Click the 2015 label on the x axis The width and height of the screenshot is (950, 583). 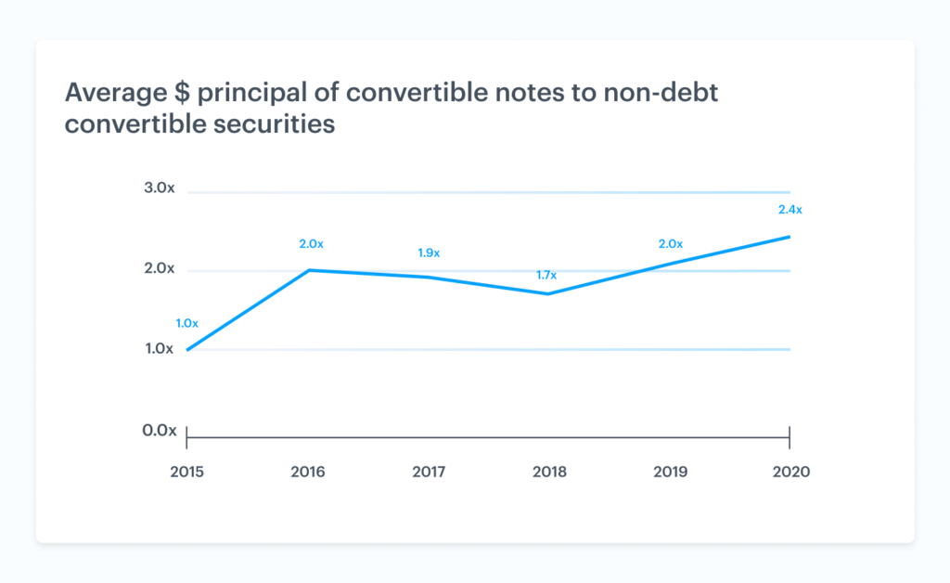(x=187, y=472)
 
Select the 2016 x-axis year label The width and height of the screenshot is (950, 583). (x=308, y=472)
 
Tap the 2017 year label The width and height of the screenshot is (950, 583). (x=429, y=472)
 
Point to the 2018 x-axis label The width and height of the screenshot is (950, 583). (x=549, y=472)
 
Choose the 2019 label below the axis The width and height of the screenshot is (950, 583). (x=670, y=472)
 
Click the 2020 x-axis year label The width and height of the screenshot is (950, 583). (x=790, y=472)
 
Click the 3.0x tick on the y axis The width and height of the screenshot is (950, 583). (x=159, y=188)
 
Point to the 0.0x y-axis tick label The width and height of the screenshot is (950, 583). (x=159, y=431)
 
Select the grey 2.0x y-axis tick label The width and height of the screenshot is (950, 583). (x=159, y=268)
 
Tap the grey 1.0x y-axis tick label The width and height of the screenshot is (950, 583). (x=159, y=349)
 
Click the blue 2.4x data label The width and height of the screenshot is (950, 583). (x=790, y=210)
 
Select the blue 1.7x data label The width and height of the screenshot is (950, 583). (x=547, y=276)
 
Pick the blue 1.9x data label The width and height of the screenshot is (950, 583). (x=428, y=253)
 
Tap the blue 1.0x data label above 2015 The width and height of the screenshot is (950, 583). (x=187, y=324)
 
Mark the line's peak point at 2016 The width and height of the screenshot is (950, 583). (x=308, y=270)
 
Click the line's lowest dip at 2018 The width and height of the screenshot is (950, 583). (x=548, y=293)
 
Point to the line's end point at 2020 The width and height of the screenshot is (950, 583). (x=789, y=237)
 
